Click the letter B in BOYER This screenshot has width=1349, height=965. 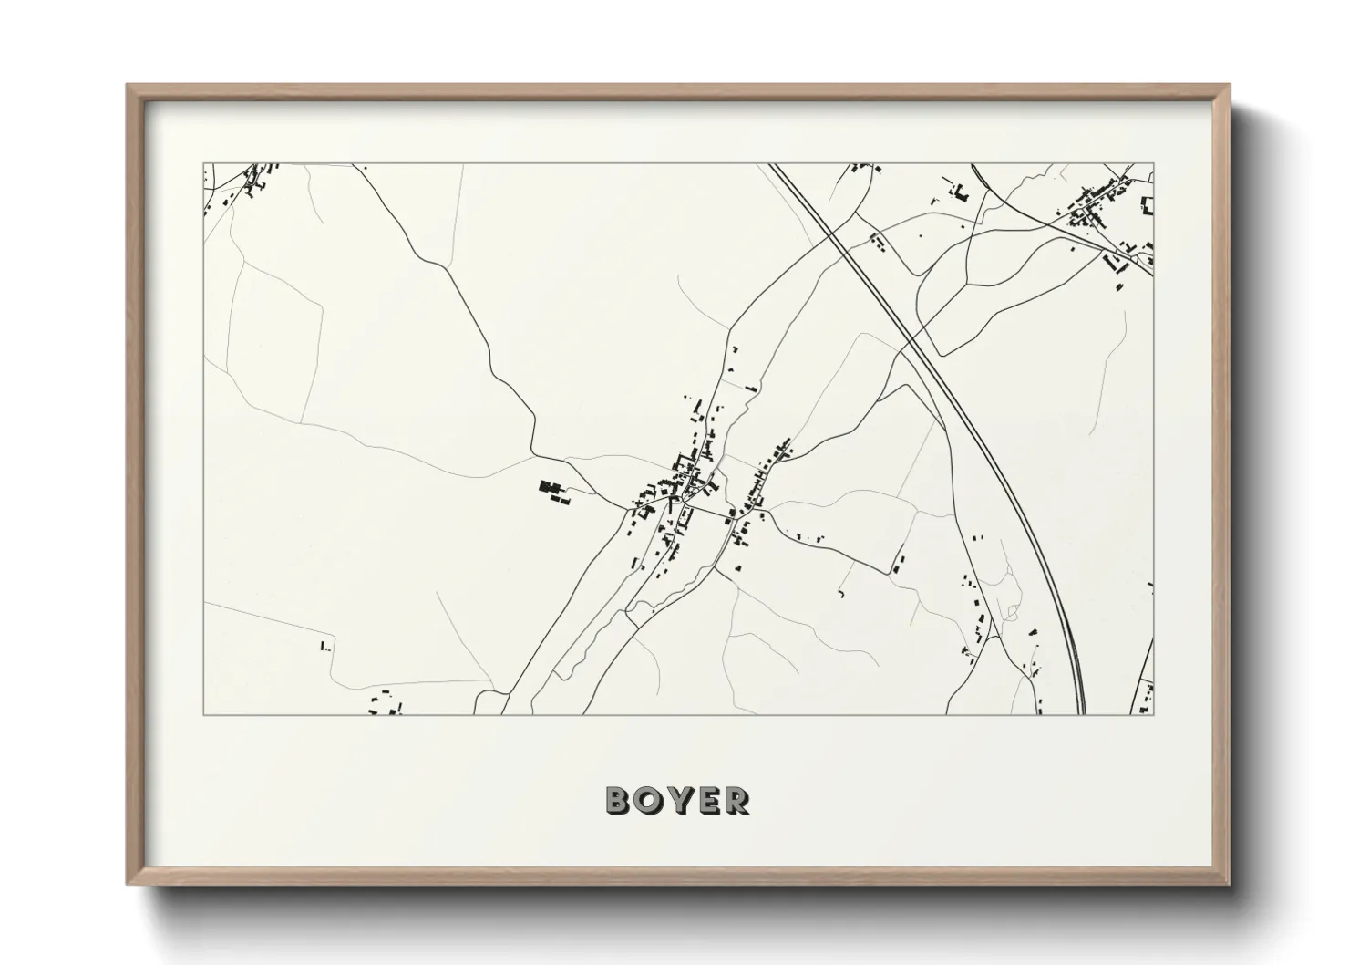click(619, 800)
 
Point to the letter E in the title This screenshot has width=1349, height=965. click(707, 800)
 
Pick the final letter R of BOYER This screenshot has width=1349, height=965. click(736, 800)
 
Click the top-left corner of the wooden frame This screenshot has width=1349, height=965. click(128, 85)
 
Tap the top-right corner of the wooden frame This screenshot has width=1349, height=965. click(1230, 85)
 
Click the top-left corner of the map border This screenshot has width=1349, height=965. click(203, 164)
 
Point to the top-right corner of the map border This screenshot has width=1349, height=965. click(1154, 164)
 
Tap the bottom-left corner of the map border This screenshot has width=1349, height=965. click(203, 714)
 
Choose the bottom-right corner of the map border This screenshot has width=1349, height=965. click(1154, 714)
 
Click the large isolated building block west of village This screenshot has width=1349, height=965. click(551, 491)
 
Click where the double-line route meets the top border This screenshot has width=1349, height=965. click(771, 165)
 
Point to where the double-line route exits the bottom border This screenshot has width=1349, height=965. click(1082, 713)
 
